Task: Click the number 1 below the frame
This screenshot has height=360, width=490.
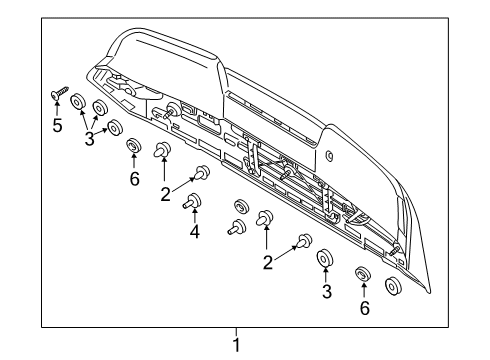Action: pyautogui.click(x=236, y=346)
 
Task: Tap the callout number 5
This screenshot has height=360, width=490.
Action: pyautogui.click(x=57, y=126)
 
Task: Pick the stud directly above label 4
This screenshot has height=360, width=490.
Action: pyautogui.click(x=190, y=204)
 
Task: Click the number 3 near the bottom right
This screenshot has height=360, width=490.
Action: pyautogui.click(x=324, y=293)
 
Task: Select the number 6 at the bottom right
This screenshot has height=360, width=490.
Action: pyautogui.click(x=364, y=309)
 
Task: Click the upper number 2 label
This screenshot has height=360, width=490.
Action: pyautogui.click(x=165, y=195)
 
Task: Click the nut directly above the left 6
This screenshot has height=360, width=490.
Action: pyautogui.click(x=133, y=149)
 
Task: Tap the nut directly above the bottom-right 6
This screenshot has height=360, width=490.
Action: pyautogui.click(x=363, y=274)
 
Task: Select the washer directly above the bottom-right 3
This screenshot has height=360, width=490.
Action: pyautogui.click(x=324, y=261)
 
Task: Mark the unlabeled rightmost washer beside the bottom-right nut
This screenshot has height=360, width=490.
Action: pyautogui.click(x=392, y=286)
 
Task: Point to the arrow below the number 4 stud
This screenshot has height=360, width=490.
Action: pyautogui.click(x=193, y=219)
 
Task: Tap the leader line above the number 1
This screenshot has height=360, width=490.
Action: pyautogui.click(x=236, y=333)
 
